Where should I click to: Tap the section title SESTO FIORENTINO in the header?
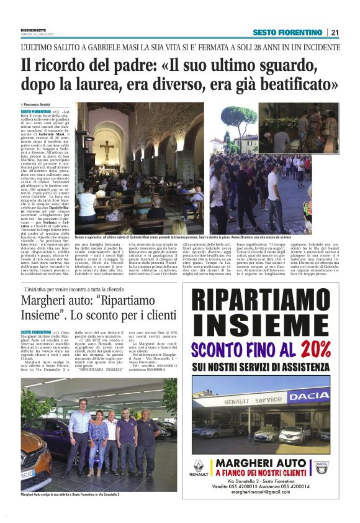pos(287,32)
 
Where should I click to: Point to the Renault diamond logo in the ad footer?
pos(198,466)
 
